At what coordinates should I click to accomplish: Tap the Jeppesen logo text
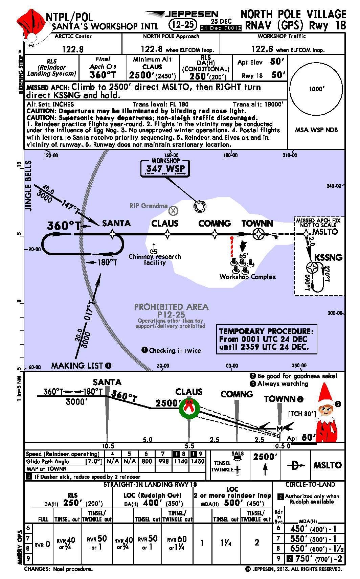coord(192,14)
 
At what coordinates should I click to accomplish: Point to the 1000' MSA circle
coord(316,89)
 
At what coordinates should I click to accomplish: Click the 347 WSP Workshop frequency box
coord(165,168)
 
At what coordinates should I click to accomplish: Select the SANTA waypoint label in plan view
coord(116,223)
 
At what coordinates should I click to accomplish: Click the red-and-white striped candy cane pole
coord(231,247)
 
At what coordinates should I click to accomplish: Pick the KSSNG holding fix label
coord(328,257)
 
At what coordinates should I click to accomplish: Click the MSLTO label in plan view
coord(325,232)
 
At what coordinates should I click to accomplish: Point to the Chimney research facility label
coord(155,259)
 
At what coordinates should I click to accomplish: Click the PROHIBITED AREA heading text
coord(171,307)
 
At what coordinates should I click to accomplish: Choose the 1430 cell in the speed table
coord(198,461)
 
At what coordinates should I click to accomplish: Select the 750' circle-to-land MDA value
coord(303,559)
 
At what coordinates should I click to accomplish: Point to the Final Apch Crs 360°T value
coord(103,75)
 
